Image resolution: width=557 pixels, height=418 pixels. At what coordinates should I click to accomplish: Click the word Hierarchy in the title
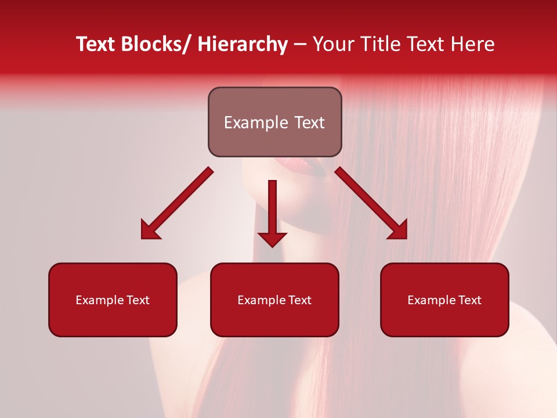click(243, 45)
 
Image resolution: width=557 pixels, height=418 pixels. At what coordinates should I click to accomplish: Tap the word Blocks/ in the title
click(153, 45)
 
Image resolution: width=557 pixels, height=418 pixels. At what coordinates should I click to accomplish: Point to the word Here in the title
click(473, 45)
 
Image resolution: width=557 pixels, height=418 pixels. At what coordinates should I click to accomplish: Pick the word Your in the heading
click(332, 45)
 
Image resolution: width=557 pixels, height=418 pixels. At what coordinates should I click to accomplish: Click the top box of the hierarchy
click(274, 122)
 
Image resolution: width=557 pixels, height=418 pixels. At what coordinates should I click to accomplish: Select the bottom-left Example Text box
click(113, 300)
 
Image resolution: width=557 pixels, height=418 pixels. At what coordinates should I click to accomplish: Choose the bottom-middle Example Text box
click(274, 300)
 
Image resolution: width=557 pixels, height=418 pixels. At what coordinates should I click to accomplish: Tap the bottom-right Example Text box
click(444, 300)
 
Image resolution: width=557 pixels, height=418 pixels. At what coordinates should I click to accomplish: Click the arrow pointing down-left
click(177, 203)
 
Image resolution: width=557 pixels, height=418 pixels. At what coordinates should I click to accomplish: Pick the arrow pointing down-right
click(371, 203)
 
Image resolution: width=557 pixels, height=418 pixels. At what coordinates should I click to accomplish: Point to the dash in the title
click(300, 45)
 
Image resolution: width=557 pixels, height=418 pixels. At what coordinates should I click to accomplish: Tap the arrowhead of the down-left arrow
click(150, 230)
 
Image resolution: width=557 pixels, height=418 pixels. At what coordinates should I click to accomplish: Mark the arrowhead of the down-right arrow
click(399, 230)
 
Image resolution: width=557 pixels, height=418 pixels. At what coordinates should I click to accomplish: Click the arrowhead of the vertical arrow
click(272, 239)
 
